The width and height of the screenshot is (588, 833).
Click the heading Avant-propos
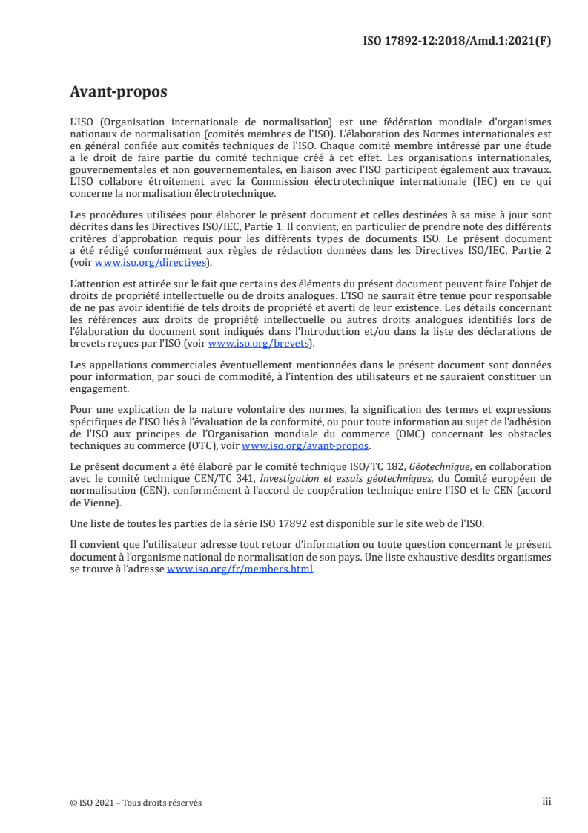pyautogui.click(x=119, y=93)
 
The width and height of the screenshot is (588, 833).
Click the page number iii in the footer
pyautogui.click(x=546, y=802)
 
